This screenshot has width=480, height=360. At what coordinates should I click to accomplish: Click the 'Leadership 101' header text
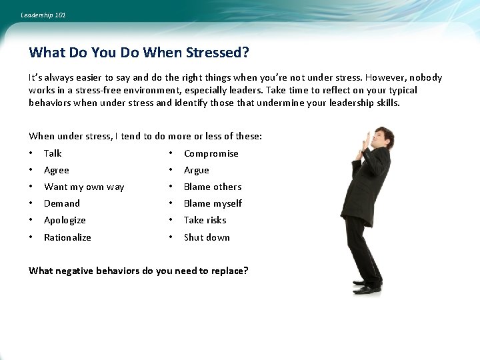pos(43,15)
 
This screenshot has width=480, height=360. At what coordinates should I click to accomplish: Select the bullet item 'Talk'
pos(53,153)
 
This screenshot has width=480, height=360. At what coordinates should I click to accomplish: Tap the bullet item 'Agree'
pos(57,170)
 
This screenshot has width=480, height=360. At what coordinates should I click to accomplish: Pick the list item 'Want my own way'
pos(84,187)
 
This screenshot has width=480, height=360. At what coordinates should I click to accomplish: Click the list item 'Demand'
pos(62,203)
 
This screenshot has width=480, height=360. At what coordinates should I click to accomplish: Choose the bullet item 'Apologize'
pos(65,220)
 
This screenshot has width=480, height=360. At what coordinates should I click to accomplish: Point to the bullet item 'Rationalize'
pos(67,237)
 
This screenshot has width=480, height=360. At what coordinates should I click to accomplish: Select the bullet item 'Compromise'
pos(211,153)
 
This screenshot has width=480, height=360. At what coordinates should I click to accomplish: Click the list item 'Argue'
pos(197,170)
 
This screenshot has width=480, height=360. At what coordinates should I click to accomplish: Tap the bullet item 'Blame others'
pos(213,187)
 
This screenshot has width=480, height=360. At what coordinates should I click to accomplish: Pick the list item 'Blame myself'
pos(213,203)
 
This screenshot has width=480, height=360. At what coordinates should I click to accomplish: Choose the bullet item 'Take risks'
pos(205,220)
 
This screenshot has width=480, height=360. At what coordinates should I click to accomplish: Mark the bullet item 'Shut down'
pos(207,237)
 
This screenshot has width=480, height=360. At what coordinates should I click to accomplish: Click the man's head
pos(383,138)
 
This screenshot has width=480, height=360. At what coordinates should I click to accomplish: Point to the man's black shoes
pos(367,287)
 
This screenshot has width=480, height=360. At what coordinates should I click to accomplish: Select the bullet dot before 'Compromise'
pos(171,153)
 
